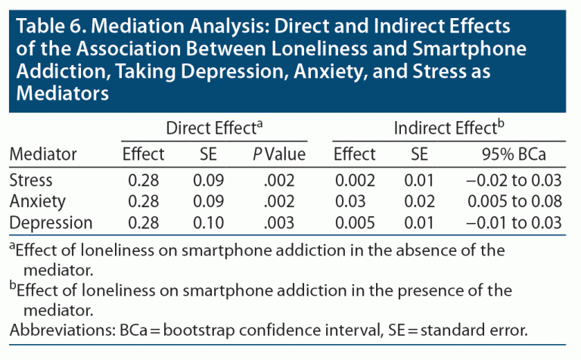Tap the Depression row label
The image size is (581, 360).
pos(50,222)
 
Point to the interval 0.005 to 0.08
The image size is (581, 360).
pos(515,202)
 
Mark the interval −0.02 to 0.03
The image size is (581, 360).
pos(515,181)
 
